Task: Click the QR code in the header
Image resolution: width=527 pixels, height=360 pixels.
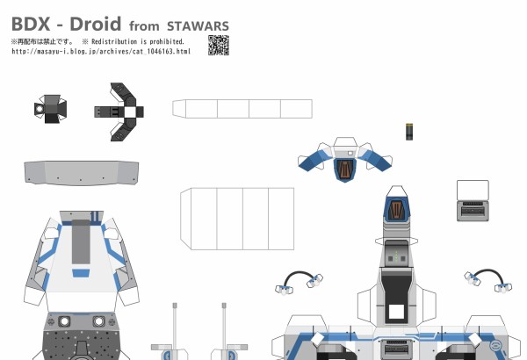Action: (219, 45)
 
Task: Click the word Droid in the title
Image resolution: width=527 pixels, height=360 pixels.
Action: (95, 24)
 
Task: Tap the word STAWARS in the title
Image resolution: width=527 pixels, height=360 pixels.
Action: (198, 26)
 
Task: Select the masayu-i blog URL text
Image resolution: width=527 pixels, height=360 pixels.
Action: (101, 52)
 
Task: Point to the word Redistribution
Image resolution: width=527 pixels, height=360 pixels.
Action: (114, 41)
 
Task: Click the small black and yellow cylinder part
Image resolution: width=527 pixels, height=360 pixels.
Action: (409, 132)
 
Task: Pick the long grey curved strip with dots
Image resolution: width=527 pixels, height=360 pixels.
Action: (82, 173)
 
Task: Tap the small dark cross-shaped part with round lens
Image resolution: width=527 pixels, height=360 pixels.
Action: (50, 109)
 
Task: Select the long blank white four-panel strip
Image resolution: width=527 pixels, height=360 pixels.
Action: (242, 109)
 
